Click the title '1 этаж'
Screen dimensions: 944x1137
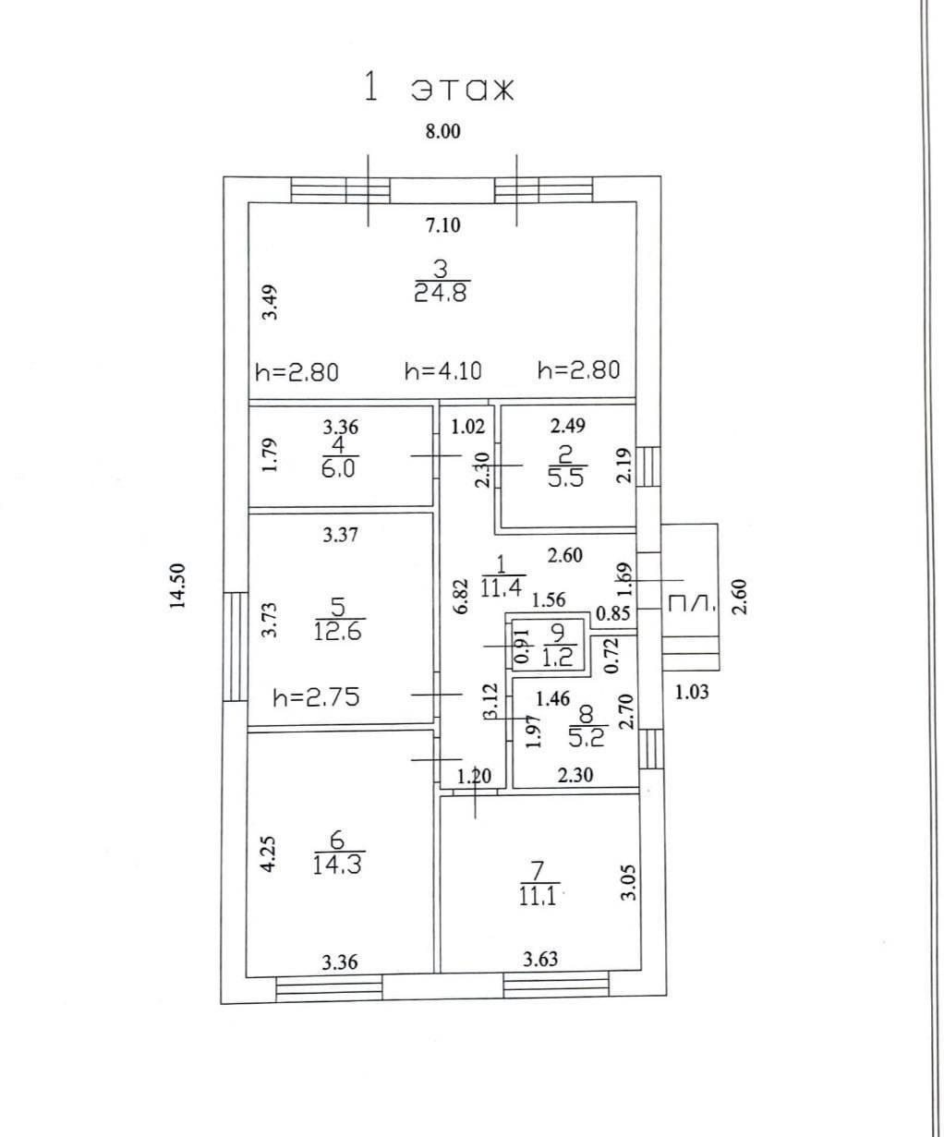(x=439, y=89)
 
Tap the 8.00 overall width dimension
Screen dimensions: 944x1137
(x=442, y=132)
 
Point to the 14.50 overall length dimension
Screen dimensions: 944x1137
(x=178, y=586)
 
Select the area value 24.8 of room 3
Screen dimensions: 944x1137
(x=442, y=294)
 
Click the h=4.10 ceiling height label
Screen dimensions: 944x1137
(x=443, y=371)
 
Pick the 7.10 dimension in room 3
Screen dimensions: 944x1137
(x=442, y=224)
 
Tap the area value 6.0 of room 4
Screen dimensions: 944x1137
(x=338, y=468)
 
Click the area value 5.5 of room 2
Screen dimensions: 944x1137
(x=566, y=478)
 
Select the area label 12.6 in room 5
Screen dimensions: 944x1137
(x=338, y=631)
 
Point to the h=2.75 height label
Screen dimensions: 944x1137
(x=317, y=697)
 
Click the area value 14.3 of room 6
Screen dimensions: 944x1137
(x=337, y=865)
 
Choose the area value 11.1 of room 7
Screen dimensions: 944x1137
(x=538, y=897)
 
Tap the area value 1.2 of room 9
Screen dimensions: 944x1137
(x=558, y=659)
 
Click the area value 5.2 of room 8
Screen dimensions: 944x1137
(x=587, y=738)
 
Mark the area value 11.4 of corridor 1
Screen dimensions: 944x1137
(x=502, y=587)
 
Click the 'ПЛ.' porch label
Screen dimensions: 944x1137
(x=690, y=603)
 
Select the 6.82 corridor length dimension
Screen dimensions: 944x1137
(x=462, y=597)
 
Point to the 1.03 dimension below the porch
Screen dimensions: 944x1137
(x=692, y=692)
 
